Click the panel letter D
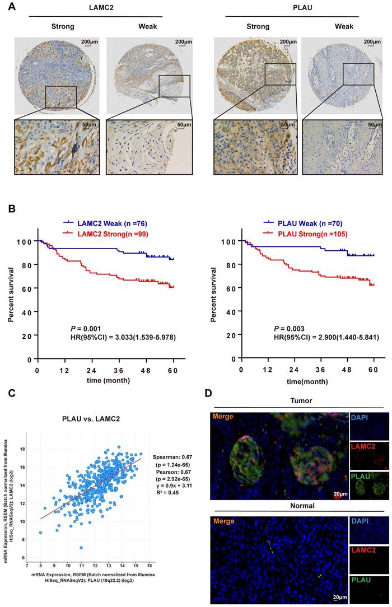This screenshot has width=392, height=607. (x=207, y=394)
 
